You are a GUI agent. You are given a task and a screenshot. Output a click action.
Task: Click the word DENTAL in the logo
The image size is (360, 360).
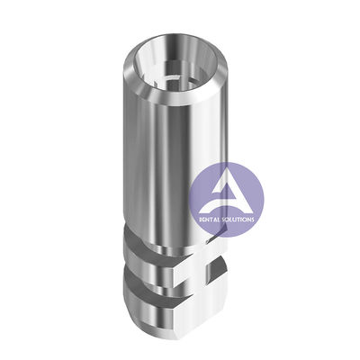pyautogui.click(x=210, y=220)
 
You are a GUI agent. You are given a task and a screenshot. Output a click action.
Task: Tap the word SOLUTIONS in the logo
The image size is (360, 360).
pyautogui.click(x=238, y=220)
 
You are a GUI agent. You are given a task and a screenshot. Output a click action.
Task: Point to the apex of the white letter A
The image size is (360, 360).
pyautogui.click(x=224, y=175)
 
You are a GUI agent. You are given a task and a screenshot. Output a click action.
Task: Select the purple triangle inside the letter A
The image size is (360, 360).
pyautogui.click(x=223, y=191)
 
